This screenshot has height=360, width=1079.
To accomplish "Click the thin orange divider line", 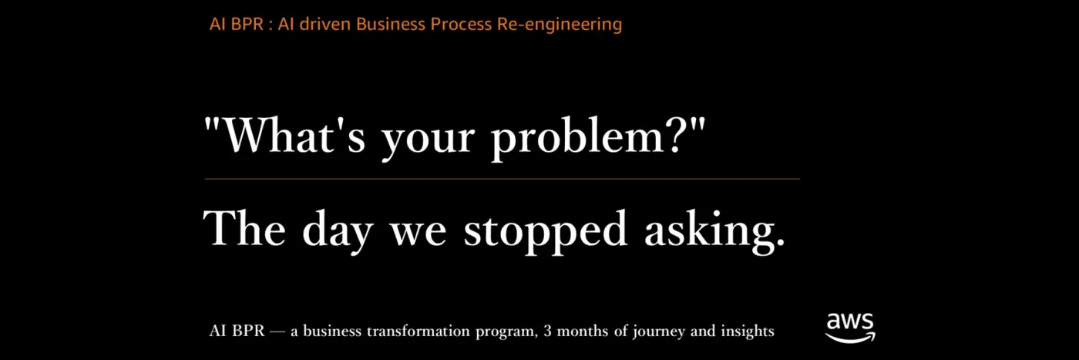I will tap(502, 179).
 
